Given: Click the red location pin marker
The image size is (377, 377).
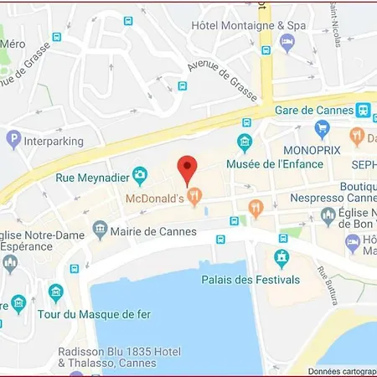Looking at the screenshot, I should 188,169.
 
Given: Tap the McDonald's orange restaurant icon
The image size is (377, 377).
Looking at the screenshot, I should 195,198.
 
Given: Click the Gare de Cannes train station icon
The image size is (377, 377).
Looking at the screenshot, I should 363,110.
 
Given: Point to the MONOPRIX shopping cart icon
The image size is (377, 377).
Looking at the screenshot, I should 323,128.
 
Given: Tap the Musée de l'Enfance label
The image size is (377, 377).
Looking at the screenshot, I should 287,164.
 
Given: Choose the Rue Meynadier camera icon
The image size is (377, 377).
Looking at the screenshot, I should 140,176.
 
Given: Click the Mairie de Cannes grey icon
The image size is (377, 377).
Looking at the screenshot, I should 101,228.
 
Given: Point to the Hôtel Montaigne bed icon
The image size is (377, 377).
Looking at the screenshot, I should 287,43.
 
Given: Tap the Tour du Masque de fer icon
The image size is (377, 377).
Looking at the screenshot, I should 56,292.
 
